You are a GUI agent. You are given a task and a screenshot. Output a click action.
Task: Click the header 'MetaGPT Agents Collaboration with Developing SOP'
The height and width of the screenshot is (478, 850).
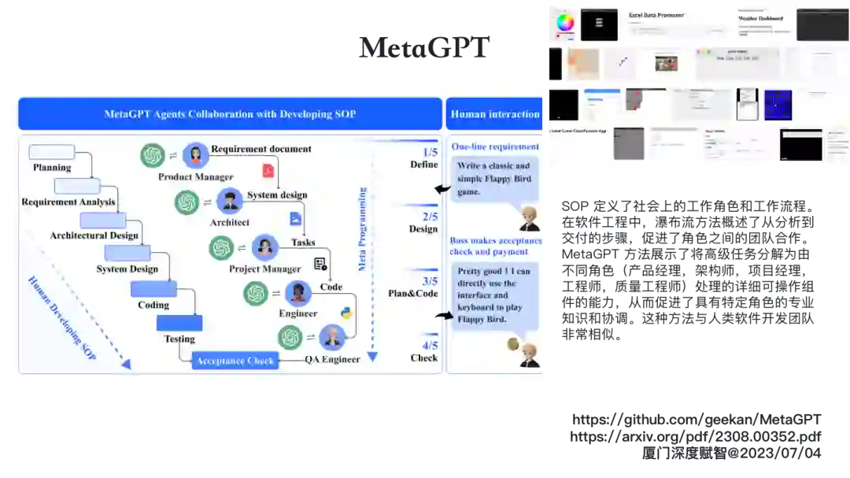point(230,114)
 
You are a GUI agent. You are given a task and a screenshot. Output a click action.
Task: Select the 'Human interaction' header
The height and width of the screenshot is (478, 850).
point(495,114)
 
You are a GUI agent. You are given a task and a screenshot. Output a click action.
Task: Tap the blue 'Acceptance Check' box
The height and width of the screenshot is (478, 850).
point(235,361)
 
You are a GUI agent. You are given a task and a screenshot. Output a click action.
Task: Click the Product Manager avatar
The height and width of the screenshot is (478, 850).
point(195,155)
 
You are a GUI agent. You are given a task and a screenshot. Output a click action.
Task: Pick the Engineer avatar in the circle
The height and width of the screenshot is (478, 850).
point(298,294)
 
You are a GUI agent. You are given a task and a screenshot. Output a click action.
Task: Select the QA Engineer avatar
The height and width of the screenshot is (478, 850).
point(333,338)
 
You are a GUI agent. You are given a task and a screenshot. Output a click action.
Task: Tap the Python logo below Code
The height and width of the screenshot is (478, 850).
point(346,313)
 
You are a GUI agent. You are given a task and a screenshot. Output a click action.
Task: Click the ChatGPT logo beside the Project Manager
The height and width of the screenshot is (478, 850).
point(222,248)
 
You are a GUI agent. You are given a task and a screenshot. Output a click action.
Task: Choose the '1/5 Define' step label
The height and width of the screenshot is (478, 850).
point(424,158)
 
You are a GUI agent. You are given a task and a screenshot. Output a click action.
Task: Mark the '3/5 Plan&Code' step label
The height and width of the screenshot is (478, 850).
point(413,287)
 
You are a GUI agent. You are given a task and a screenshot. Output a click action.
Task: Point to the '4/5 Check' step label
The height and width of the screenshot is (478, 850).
point(424,351)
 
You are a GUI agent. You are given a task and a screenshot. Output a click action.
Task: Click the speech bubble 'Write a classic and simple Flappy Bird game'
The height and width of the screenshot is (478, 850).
point(494,179)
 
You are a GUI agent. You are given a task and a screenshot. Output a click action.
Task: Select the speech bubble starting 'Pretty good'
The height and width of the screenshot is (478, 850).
point(494,295)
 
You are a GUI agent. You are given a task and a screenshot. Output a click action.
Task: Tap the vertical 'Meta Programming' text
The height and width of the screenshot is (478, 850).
point(363,229)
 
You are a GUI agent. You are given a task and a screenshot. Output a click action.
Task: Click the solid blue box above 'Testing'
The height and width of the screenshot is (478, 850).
point(179,323)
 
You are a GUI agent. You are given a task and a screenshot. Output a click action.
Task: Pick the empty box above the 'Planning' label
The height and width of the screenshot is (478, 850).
point(52,152)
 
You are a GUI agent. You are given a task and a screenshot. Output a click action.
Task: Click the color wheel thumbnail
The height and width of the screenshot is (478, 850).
point(565,23)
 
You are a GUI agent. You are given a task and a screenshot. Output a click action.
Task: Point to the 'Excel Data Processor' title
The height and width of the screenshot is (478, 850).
point(656,15)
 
